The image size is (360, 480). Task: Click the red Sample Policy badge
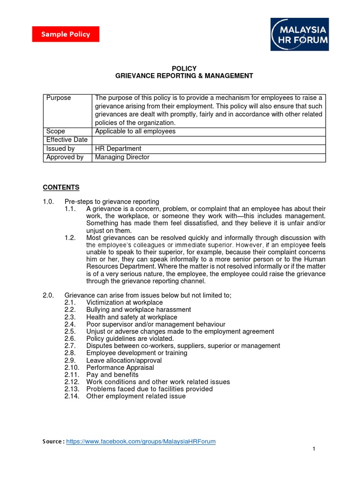65,34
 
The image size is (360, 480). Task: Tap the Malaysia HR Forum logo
300,34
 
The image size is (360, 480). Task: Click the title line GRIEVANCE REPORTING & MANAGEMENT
184,75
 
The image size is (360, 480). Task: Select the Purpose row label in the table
59,98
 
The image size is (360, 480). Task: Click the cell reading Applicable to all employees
135,131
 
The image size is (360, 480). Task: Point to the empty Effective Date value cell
209,140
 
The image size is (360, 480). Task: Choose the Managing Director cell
122,157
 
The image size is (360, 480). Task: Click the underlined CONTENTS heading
61,187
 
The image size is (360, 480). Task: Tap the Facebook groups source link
141,441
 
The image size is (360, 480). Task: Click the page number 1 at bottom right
314,449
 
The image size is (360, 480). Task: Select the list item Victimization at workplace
124,303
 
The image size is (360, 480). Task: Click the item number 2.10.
72,367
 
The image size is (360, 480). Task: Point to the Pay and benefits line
112,375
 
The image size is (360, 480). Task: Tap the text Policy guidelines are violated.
130,338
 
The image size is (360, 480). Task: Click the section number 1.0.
48,202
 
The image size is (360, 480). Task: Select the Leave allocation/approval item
124,360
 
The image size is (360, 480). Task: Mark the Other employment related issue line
135,396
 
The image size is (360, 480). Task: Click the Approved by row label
65,157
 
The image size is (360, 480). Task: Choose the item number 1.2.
70,238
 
